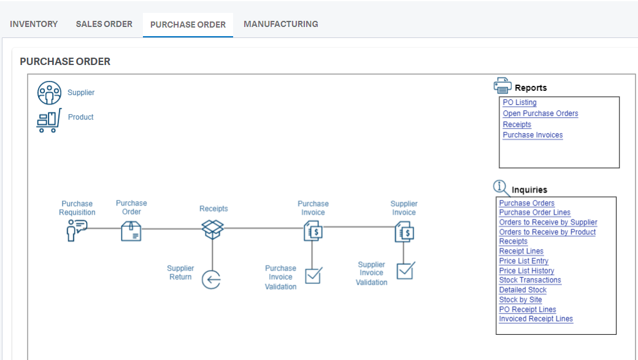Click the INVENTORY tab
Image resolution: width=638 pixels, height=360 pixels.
click(x=34, y=24)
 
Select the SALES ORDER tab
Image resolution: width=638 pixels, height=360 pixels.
click(x=104, y=24)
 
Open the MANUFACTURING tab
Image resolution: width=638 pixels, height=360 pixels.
click(x=281, y=24)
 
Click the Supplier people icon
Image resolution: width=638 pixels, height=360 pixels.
click(x=50, y=93)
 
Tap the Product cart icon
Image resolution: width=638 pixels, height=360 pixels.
click(x=49, y=120)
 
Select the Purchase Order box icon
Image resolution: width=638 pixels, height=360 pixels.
click(x=131, y=231)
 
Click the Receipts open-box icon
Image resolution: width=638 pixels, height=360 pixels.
click(x=213, y=229)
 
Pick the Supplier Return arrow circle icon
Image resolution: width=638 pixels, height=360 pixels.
click(x=212, y=280)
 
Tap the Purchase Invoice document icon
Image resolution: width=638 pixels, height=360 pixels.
click(x=313, y=231)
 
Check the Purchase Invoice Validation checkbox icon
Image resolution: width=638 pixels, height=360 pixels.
click(x=313, y=275)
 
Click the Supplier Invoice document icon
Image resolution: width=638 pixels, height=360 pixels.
click(x=404, y=232)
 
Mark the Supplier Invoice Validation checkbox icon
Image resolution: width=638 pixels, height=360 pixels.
click(x=405, y=270)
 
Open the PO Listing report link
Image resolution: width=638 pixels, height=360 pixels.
click(x=520, y=102)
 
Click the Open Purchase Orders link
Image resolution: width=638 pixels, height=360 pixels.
click(x=540, y=113)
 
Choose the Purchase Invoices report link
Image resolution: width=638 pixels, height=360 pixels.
click(x=532, y=135)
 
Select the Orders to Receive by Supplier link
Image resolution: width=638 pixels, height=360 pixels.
click(x=548, y=222)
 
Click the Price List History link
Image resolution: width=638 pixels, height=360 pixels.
click(x=526, y=270)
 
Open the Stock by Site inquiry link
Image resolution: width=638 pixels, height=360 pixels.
click(x=520, y=299)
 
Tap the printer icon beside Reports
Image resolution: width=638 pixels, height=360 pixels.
click(x=502, y=85)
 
